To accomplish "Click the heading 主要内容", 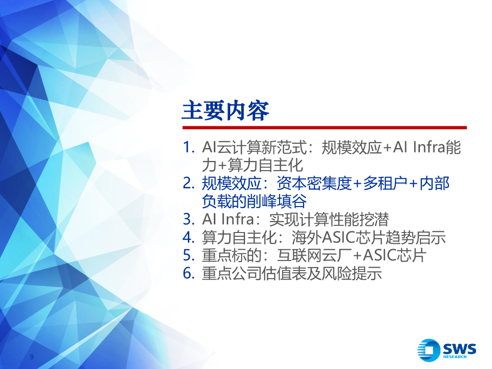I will pyautogui.click(x=225, y=111).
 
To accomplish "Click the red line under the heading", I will pyautogui.click(x=324, y=128).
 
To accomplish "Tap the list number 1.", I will pyautogui.click(x=189, y=148).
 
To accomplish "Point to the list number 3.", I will pyautogui.click(x=189, y=220).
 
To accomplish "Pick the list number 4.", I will pyautogui.click(x=189, y=238).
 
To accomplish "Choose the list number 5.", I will pyautogui.click(x=189, y=256).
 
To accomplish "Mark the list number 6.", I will pyautogui.click(x=189, y=274).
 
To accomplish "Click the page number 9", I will pyautogui.click(x=32, y=357).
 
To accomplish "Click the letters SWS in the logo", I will pyautogui.click(x=459, y=347).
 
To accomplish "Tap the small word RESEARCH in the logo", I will pyautogui.click(x=455, y=357).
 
